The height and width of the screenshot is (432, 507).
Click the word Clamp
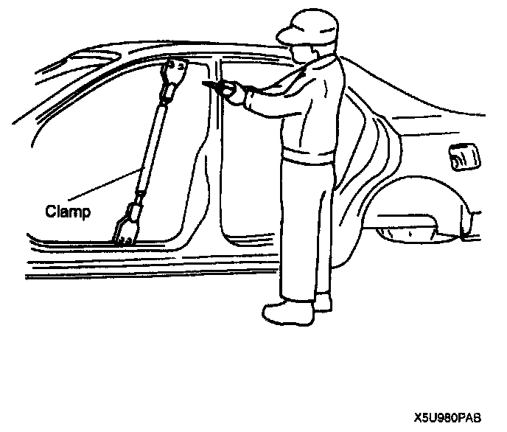click(68, 212)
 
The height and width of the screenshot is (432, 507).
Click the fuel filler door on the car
click(462, 157)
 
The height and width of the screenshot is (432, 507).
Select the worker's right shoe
click(322, 302)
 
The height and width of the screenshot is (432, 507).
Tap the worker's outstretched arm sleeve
click(265, 100)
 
